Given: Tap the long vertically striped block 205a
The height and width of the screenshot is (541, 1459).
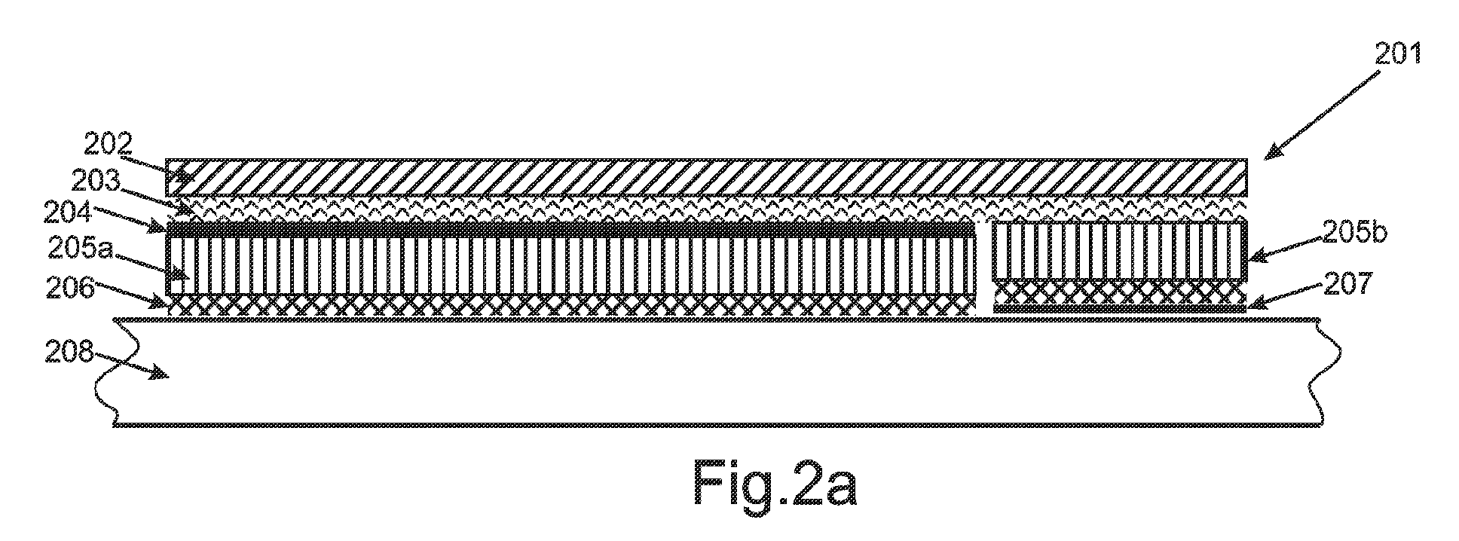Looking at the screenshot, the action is point(570,265).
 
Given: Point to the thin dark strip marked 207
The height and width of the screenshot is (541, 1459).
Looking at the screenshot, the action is point(1120,309).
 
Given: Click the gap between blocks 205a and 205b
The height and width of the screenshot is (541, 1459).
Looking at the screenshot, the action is point(984,268).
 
